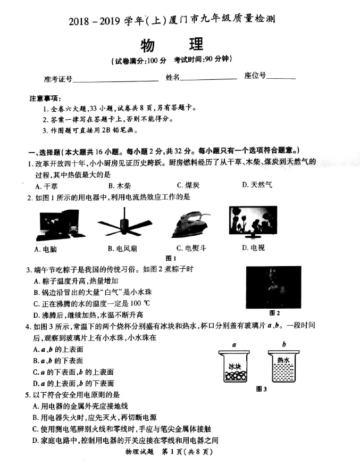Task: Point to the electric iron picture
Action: pyautogui.click(x=190, y=224)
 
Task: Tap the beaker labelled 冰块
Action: pyautogui.click(x=235, y=369)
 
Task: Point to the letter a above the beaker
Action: pyautogui.click(x=233, y=344)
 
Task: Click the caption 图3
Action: pyautogui.click(x=261, y=389)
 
